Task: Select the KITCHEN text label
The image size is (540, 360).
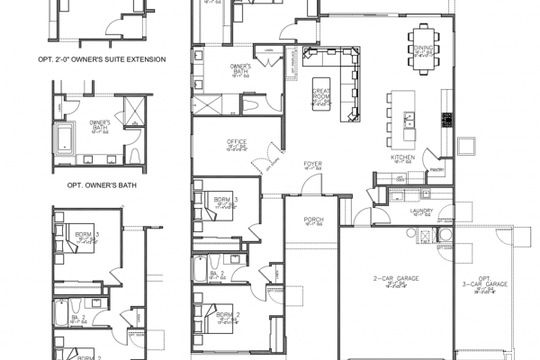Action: click(402, 157)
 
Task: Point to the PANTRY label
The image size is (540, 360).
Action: click(438, 168)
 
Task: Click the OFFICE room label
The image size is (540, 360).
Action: click(237, 142)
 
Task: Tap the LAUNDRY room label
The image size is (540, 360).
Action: click(421, 211)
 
